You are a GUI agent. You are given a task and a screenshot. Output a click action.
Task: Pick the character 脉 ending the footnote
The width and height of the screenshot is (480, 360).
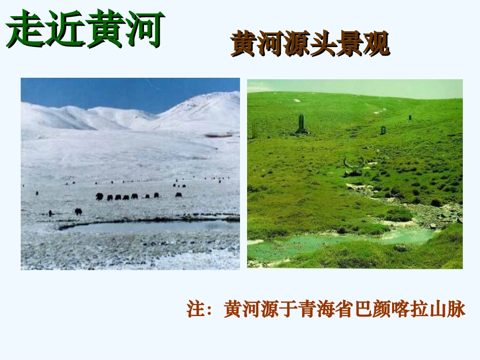(456, 309)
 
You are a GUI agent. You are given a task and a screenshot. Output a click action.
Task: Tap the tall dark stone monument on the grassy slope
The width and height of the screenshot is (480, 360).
(302, 124)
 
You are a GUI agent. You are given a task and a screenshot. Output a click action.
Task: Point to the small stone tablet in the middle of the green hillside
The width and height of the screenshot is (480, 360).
(383, 130)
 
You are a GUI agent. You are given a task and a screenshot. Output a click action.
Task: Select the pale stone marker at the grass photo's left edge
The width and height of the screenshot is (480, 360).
(255, 131)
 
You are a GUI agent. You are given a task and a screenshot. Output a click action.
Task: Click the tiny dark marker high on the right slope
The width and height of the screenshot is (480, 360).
(410, 117)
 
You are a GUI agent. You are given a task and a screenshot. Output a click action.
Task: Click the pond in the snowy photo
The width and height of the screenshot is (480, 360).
(152, 227)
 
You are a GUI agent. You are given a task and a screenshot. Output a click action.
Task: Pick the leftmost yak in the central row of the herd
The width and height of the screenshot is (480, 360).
(100, 196)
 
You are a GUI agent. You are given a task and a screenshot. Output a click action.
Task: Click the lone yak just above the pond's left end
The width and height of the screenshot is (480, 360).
(78, 212)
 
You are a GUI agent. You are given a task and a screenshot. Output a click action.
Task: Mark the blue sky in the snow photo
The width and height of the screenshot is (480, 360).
(101, 91)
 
